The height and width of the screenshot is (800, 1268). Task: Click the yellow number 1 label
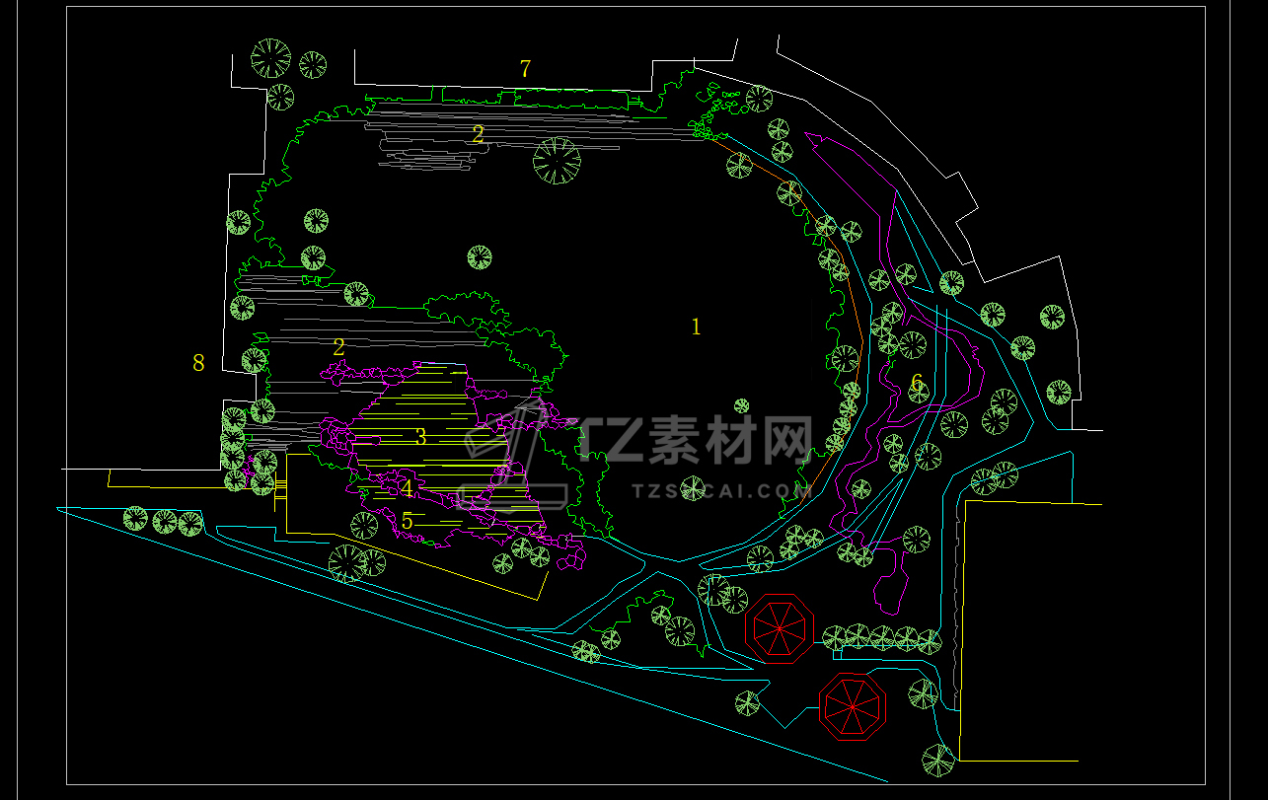(696, 327)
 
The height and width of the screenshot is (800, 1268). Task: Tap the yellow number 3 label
(420, 437)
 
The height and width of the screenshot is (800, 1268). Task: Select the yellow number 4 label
(407, 488)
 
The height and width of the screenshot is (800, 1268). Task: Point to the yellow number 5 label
(407, 520)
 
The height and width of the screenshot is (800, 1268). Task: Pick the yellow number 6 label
(917, 382)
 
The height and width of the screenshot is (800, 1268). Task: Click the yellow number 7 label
(525, 69)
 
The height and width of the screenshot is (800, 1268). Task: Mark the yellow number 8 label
(198, 363)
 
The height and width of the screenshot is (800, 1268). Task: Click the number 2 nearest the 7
(479, 135)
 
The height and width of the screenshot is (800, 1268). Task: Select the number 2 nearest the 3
(339, 347)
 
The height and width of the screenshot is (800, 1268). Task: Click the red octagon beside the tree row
(780, 628)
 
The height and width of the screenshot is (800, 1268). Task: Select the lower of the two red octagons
(853, 706)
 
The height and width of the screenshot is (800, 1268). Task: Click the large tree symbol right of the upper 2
(557, 160)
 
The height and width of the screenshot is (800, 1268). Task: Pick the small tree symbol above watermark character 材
(741, 405)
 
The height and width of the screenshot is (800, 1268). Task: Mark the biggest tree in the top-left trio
(271, 58)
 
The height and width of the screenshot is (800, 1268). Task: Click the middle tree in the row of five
(882, 637)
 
